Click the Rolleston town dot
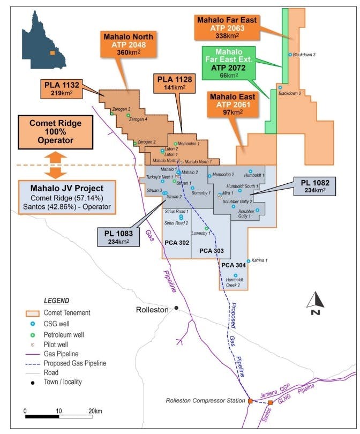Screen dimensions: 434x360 [x=176, y=308]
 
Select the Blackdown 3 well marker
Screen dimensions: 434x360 [x=290, y=55]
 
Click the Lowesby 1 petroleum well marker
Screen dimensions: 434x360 [x=207, y=229]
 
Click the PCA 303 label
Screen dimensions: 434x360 [x=211, y=251]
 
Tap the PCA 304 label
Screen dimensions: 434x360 [x=233, y=265]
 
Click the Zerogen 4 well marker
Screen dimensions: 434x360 [x=128, y=116]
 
